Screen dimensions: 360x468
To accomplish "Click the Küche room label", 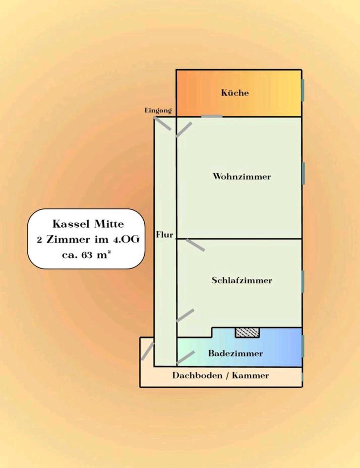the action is coord(235,93).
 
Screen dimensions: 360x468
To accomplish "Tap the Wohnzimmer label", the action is coord(242,176).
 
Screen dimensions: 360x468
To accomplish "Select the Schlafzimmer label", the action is coord(242,280).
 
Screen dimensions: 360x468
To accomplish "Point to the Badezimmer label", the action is coord(235,353).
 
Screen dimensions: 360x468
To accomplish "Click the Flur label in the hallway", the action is coord(165,235).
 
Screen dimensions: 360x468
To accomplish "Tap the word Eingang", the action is coord(158,111).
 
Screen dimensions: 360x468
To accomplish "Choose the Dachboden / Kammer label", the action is coord(220,376).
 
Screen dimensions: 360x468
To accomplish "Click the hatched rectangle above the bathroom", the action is coord(247,332).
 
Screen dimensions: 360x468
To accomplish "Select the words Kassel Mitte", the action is coord(88,224).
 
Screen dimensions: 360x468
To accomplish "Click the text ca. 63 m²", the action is coord(86,254).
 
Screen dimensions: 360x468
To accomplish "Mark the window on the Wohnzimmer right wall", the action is coord(303,173).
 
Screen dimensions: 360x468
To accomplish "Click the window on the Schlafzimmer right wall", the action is coord(303,281).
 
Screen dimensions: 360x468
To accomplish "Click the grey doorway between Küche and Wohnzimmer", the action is coord(212,116).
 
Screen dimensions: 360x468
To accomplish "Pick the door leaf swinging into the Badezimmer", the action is coord(185,357).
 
